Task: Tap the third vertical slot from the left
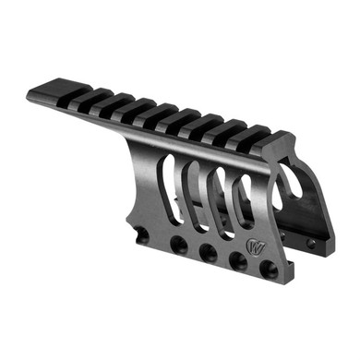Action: (221, 202)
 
